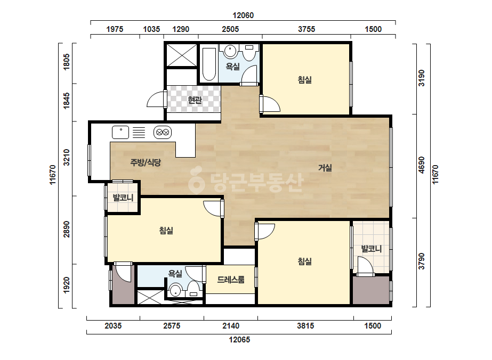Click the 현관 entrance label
(195, 100)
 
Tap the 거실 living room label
(325, 168)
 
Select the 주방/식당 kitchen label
(146, 162)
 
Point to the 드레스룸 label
(231, 280)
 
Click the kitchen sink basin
(120, 132)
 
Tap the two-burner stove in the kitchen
(163, 132)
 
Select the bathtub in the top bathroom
(209, 64)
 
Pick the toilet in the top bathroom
(249, 53)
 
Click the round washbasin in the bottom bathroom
(176, 290)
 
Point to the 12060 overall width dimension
(243, 15)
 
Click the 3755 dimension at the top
(307, 29)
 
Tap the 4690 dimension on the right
(422, 165)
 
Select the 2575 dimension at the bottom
(172, 326)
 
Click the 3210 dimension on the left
(67, 158)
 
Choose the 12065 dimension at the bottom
(239, 340)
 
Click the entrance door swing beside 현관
(156, 99)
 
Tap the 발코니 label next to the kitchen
(123, 198)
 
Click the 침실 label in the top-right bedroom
(305, 80)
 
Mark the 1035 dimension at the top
(151, 29)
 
